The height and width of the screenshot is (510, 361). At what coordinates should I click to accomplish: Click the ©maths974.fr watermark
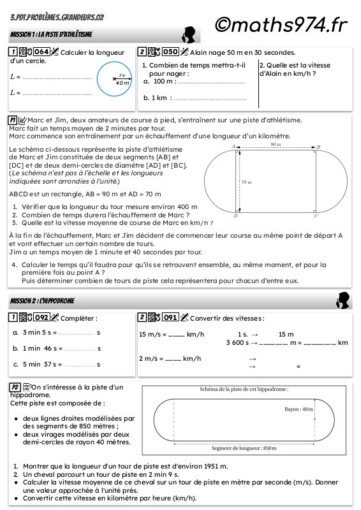click(281, 25)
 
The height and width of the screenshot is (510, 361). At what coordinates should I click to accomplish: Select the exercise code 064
click(41, 52)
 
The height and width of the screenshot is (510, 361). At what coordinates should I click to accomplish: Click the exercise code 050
click(170, 52)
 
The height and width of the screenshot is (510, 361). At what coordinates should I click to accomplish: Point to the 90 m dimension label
click(276, 145)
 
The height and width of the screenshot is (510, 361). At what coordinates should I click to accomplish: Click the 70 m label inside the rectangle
click(246, 182)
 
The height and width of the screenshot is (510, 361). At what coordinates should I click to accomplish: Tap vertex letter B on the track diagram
click(319, 147)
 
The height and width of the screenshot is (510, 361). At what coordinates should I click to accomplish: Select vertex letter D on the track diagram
click(236, 215)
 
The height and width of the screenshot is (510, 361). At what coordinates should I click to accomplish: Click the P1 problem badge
click(13, 120)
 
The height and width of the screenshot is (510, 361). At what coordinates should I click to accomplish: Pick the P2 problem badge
click(15, 388)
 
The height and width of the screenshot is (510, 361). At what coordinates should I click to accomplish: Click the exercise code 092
click(41, 317)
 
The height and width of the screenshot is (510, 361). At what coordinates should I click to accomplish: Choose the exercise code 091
click(170, 317)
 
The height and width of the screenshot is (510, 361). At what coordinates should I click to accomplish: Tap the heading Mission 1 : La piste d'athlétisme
click(51, 34)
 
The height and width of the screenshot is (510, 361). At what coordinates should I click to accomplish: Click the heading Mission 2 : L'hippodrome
click(42, 301)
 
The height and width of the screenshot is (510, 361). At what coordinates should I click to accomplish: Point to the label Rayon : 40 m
click(298, 409)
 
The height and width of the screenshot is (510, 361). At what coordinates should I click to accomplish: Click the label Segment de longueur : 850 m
click(244, 448)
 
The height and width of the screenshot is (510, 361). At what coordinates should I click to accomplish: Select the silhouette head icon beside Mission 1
click(189, 35)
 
